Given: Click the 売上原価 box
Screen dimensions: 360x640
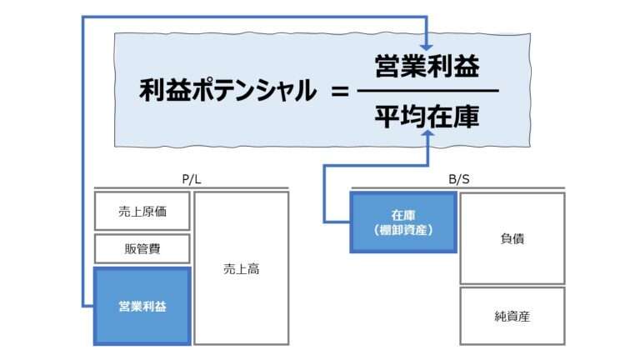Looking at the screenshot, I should (x=142, y=211).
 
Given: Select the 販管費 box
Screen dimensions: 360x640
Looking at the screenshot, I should (x=142, y=248).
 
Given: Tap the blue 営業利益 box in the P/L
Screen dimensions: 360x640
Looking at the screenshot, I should (x=142, y=306).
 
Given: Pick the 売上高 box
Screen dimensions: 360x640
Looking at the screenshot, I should (x=242, y=268).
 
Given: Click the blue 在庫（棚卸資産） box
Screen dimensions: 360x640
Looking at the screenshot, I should (x=403, y=222).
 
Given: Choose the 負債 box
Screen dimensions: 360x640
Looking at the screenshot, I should (x=512, y=238).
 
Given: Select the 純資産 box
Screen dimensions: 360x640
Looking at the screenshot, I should (x=512, y=316).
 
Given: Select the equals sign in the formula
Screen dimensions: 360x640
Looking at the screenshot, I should (x=338, y=91).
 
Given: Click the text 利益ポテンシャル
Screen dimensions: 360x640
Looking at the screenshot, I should (x=227, y=91).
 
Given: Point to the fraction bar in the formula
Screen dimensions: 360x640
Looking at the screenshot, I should (x=427, y=91).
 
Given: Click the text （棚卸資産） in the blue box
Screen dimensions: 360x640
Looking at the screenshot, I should (x=403, y=230).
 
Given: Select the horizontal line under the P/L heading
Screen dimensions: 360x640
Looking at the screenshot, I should (x=192, y=187).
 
